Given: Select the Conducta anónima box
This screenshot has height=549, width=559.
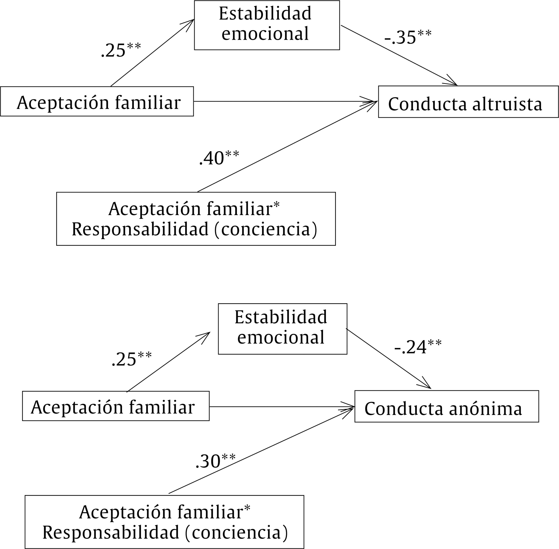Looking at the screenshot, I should tap(446, 406).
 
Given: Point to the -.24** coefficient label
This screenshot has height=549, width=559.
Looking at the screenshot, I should tap(418, 347).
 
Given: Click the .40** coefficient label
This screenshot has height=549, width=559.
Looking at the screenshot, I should tap(219, 158).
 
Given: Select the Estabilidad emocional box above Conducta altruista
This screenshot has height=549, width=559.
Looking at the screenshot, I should tap(267, 25).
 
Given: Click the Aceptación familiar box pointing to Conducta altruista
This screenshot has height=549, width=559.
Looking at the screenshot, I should tap(97, 102).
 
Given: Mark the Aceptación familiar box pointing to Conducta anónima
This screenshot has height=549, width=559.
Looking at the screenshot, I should tap(116, 406).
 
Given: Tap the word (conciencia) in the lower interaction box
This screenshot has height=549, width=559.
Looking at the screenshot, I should tap(236, 532).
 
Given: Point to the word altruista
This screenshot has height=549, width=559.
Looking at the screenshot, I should tap(507, 104).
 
